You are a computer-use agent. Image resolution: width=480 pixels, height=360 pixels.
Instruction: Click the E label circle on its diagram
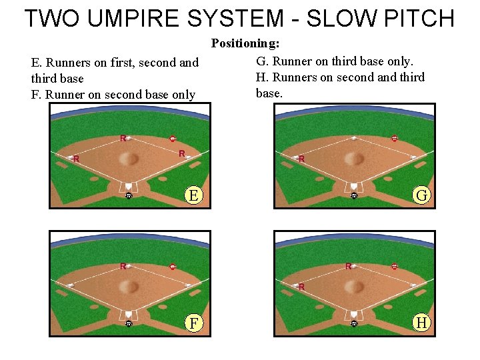tap(193, 195)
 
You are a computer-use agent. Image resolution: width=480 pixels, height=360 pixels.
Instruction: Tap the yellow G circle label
tap(421, 195)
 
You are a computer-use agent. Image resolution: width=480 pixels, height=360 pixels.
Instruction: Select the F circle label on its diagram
tap(193, 323)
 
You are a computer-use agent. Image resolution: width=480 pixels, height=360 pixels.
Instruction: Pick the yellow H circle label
tap(421, 323)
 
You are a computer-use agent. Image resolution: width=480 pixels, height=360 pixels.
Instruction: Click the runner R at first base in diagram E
tap(182, 153)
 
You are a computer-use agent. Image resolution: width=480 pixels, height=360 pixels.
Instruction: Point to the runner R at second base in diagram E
tap(123, 138)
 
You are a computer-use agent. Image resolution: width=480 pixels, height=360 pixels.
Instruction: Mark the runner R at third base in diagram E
tap(76, 159)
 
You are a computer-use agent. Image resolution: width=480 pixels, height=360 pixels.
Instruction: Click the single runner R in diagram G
tap(301, 159)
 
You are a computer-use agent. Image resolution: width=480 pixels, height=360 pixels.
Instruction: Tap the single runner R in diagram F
tap(123, 266)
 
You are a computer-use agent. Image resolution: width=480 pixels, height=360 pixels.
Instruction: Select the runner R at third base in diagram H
tap(301, 287)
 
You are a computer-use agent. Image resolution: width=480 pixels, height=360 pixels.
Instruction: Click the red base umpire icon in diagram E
tap(173, 139)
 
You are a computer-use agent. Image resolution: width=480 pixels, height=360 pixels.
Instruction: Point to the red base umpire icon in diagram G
tap(394, 139)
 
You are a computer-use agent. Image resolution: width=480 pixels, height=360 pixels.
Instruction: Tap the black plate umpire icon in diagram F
tap(129, 323)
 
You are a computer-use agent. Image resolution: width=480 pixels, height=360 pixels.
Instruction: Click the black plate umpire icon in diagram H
tap(354, 323)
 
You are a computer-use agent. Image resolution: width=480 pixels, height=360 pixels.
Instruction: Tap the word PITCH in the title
tap(413, 18)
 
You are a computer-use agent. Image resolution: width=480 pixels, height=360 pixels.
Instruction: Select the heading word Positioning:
tap(245, 43)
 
